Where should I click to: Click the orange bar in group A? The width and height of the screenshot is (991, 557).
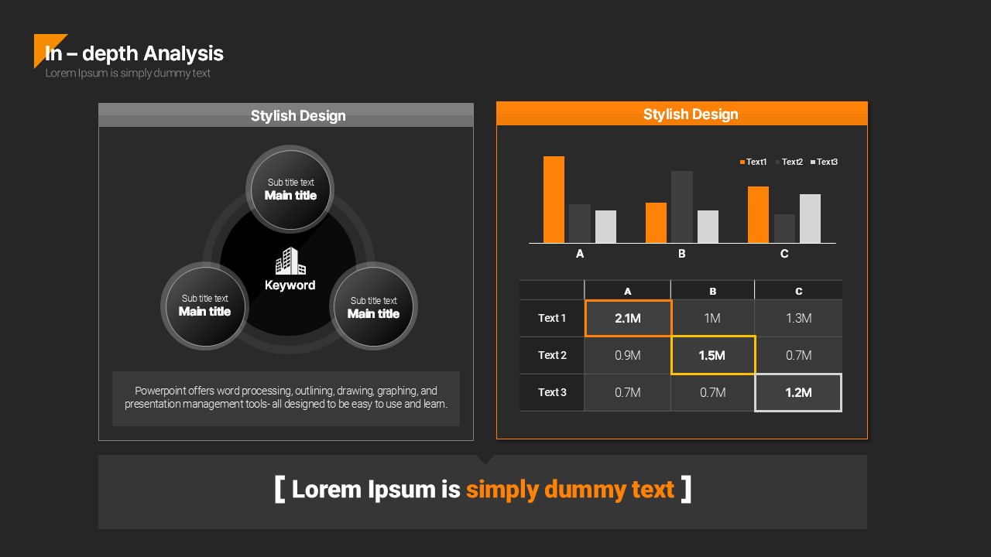pos(554,200)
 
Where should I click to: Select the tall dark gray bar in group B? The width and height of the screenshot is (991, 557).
pos(682,207)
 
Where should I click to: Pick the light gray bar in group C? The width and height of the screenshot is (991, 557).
pos(810,218)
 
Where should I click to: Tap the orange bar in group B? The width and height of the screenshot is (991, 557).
pos(656,223)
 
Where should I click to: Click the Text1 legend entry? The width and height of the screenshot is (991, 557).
pos(753,162)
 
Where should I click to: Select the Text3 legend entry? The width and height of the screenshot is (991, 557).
pos(824,162)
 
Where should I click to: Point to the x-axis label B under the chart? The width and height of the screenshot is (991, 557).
pos(682,254)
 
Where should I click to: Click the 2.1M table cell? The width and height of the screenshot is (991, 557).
pos(628,318)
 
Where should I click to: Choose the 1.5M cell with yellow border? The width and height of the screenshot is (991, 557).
pos(713,355)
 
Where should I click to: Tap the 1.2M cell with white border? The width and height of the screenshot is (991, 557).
pos(798,392)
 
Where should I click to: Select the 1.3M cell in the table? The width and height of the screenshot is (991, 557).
pos(798,318)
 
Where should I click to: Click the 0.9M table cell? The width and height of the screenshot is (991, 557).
pos(627,355)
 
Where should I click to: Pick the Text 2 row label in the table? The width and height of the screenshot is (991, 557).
pos(552,355)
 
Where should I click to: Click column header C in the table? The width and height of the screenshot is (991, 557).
pos(798,292)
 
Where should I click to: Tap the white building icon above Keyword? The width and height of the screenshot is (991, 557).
pos(290,261)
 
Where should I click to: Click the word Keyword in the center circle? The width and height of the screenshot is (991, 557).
pos(290,285)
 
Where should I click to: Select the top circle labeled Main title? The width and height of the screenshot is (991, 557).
pos(290,190)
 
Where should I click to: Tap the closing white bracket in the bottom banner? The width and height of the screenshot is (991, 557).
pos(686,490)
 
